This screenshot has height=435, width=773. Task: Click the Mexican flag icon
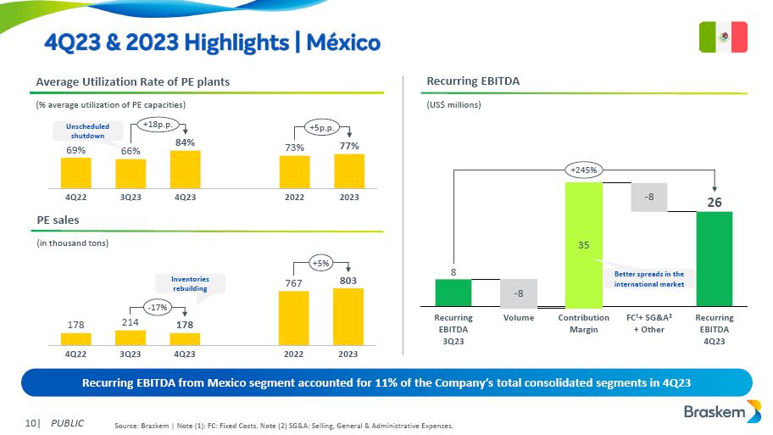coord(723,36)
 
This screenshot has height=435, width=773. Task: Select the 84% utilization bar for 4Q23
coord(185,170)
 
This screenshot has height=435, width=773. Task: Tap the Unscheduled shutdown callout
coord(87,131)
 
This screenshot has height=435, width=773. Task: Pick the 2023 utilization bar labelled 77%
coord(349,171)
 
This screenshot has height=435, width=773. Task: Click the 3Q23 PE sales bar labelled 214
coord(131,337)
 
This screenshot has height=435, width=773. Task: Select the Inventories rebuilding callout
coord(190,284)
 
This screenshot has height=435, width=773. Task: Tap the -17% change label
coord(157,307)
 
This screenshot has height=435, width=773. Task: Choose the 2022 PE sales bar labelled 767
coord(294,318)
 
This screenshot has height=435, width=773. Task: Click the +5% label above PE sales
coord(321,263)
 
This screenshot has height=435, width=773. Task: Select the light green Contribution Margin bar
coord(583,244)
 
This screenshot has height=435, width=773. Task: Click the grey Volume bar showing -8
coord(518,293)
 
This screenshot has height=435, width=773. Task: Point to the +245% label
coord(583,170)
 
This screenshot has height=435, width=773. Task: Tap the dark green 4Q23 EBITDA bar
coord(714,259)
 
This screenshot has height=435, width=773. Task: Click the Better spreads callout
coord(648,279)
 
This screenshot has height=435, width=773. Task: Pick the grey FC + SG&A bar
coord(648,198)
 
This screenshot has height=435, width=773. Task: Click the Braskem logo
coord(721,412)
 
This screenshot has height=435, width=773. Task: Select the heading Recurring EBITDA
coord(472,81)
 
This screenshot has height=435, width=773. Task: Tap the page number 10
coord(31,422)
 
